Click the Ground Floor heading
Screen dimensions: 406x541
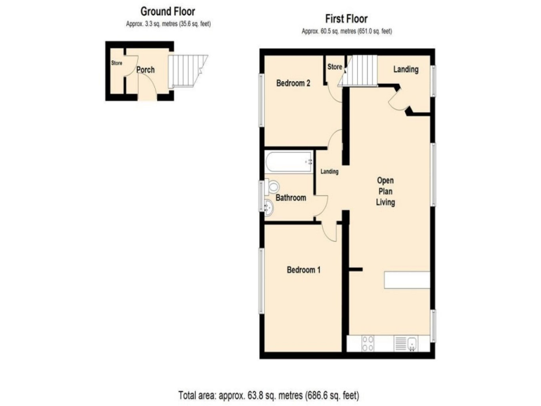(167, 11)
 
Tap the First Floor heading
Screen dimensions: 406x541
(346, 18)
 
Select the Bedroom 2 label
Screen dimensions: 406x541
(293, 83)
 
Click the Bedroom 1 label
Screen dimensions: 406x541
(304, 270)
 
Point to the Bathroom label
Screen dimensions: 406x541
(290, 198)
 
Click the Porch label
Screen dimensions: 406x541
(146, 70)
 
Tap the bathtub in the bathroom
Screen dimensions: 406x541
(288, 163)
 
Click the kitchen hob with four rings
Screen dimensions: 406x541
(368, 343)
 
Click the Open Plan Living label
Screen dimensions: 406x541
(385, 190)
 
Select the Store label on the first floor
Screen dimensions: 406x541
(335, 68)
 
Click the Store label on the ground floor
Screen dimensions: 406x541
(116, 63)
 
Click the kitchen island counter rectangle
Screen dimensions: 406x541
(406, 280)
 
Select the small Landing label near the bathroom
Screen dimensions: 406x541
(330, 172)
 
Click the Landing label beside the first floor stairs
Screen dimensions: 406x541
(406, 69)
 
